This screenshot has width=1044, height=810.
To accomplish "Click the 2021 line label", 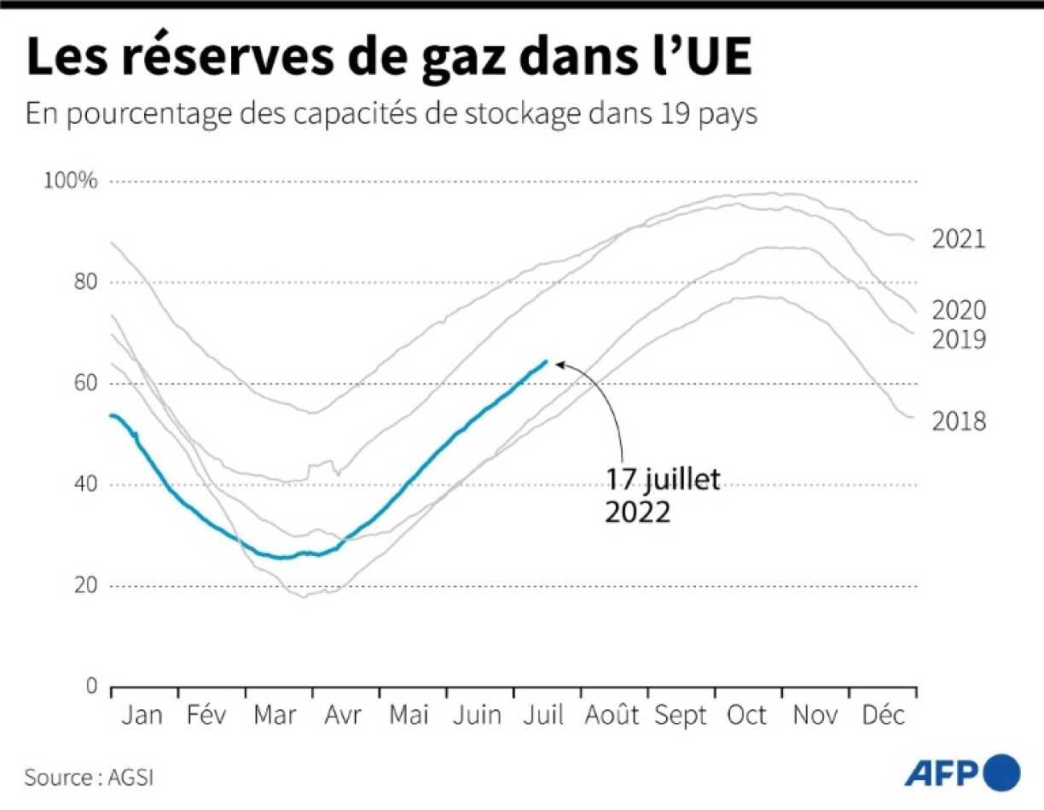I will [x=958, y=240].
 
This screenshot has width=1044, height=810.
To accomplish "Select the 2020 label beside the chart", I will [x=958, y=310].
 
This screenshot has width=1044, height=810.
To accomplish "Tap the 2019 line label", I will [x=958, y=340].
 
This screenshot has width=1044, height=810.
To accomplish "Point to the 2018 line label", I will [x=958, y=421].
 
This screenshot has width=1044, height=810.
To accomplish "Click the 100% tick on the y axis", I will [x=73, y=182].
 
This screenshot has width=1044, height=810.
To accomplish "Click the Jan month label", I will [x=141, y=715].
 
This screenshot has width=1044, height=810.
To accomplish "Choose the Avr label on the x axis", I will [x=343, y=715].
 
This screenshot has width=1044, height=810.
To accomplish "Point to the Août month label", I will [x=612, y=715].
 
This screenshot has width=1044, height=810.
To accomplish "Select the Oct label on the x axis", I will [x=746, y=715].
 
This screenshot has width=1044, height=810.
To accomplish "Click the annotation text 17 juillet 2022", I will [x=663, y=496].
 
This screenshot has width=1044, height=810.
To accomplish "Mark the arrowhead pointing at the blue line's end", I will [x=560, y=363].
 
